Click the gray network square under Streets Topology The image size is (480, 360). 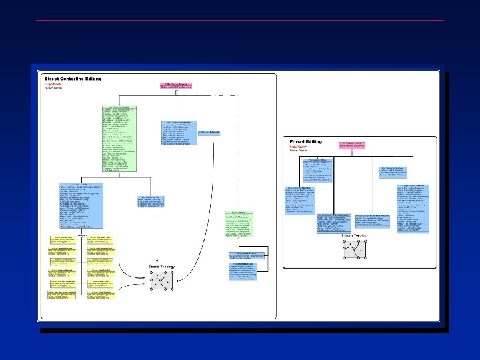pyautogui.click(x=161, y=279)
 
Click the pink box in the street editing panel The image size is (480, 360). pyautogui.click(x=175, y=86)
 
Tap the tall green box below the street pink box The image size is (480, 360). pyautogui.click(x=119, y=137)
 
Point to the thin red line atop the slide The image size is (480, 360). pyautogui.click(x=239, y=21)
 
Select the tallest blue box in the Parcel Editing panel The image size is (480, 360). pyautogui.click(x=411, y=207)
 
